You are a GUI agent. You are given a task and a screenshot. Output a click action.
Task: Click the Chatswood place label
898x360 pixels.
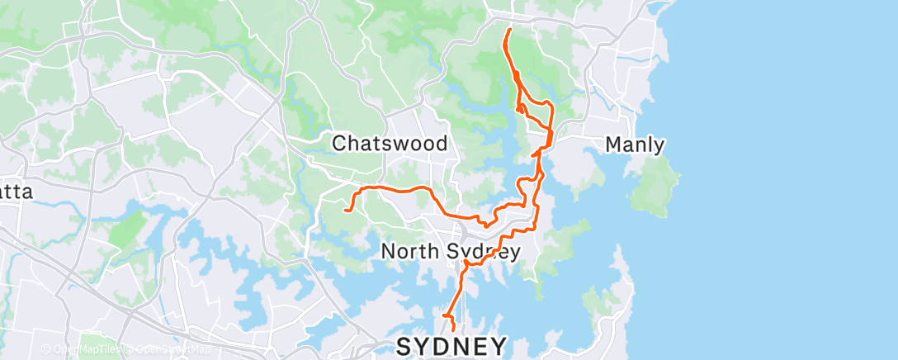click(x=390, y=144)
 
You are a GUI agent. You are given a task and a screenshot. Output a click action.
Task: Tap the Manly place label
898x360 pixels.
click(x=635, y=145)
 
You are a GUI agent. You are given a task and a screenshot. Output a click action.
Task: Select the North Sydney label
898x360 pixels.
click(x=451, y=251)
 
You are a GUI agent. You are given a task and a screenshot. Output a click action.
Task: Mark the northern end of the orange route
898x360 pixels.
click(x=509, y=30)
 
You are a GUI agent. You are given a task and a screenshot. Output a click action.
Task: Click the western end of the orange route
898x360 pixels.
click(x=343, y=210)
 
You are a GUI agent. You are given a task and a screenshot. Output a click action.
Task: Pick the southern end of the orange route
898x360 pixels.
click(x=452, y=332)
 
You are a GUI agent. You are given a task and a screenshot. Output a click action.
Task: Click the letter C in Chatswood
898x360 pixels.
click(x=338, y=144)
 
